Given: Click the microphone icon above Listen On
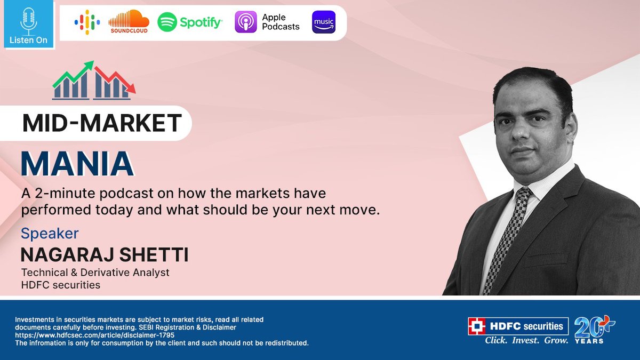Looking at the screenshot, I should [x=28, y=20].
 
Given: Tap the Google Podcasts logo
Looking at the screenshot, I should [x=87, y=22].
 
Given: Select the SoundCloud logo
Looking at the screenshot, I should [x=129, y=21].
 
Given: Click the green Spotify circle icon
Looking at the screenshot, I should [x=167, y=22].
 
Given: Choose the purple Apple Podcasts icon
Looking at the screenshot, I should [x=246, y=22].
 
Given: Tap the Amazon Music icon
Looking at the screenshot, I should [x=324, y=22].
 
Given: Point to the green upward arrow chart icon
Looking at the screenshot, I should [x=73, y=81].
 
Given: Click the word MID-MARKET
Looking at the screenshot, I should [x=102, y=123].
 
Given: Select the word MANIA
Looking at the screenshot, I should [x=77, y=164].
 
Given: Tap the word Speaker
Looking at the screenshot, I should [x=50, y=234].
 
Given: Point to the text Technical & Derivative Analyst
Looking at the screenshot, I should [x=95, y=273].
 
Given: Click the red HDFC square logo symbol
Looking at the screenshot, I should [x=476, y=326].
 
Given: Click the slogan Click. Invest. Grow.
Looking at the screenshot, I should [x=526, y=340].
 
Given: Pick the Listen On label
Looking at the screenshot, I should [x=28, y=40].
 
